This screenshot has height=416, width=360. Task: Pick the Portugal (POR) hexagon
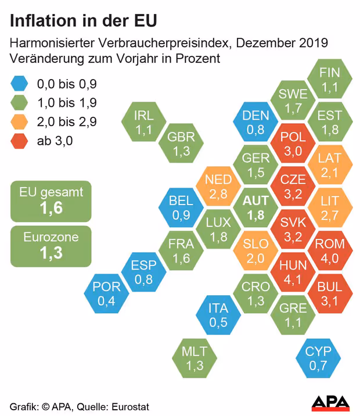[x=106, y=293]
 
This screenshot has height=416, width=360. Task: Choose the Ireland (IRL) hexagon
[x=143, y=122]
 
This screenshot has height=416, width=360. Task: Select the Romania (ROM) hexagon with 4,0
[x=329, y=250]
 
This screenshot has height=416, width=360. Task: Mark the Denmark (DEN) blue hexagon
[x=255, y=122]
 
